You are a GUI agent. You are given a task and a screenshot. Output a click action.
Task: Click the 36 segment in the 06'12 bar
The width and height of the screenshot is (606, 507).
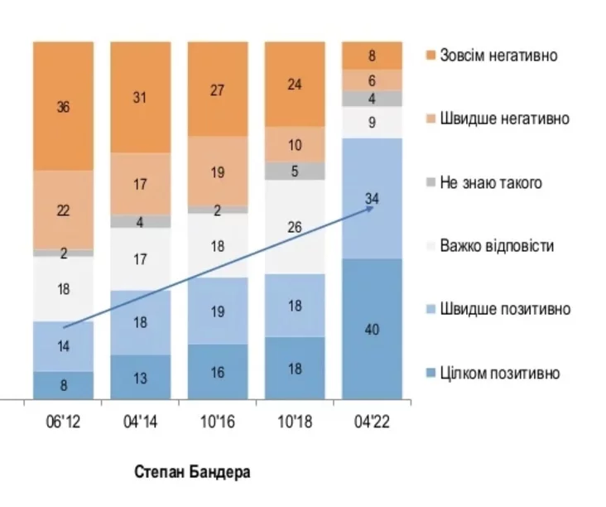coord(63,106)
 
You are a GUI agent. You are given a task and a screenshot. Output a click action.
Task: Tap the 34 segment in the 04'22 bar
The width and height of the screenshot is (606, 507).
coord(372,198)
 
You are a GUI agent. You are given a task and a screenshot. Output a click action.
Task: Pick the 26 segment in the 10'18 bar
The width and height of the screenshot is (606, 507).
coord(295,226)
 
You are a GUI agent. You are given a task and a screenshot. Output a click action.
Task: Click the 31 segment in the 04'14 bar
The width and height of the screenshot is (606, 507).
coord(140,97)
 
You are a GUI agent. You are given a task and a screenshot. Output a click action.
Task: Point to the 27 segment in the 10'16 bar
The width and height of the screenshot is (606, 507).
coord(218,89)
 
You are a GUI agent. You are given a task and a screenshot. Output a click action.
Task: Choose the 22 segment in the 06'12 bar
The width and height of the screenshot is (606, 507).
coord(63,210)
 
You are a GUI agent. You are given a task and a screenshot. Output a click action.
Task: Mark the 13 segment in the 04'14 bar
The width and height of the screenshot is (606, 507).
coord(140,377)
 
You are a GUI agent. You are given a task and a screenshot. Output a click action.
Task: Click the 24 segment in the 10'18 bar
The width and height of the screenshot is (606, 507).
coord(295,84)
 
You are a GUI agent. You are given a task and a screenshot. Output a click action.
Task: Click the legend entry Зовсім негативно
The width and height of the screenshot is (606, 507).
coord(498,56)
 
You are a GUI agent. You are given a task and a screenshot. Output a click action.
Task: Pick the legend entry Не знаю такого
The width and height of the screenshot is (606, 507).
coord(492,182)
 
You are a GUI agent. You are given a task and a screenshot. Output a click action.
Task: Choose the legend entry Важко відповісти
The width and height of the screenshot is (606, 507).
coord(497,246)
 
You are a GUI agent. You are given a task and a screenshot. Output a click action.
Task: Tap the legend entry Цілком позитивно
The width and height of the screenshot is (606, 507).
coord(499,373)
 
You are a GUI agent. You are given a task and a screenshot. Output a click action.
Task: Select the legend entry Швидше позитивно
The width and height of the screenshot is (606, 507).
coord(505,309)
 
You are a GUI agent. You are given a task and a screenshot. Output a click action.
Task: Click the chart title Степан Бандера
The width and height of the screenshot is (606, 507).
coord(191,472)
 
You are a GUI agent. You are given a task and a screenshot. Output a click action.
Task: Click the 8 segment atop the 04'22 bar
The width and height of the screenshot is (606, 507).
coord(372,56)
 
